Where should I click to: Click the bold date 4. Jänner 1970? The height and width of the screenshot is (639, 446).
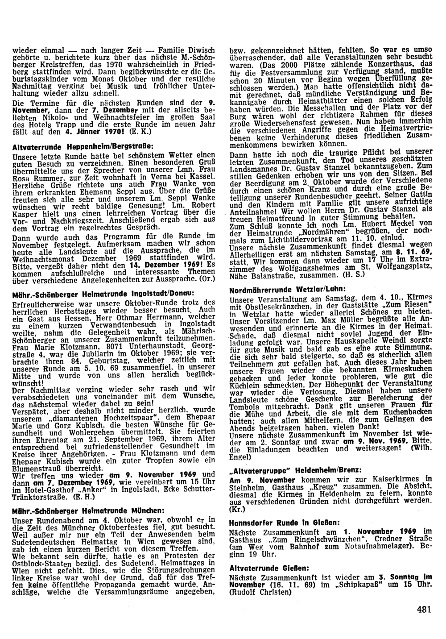(90, 133)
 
